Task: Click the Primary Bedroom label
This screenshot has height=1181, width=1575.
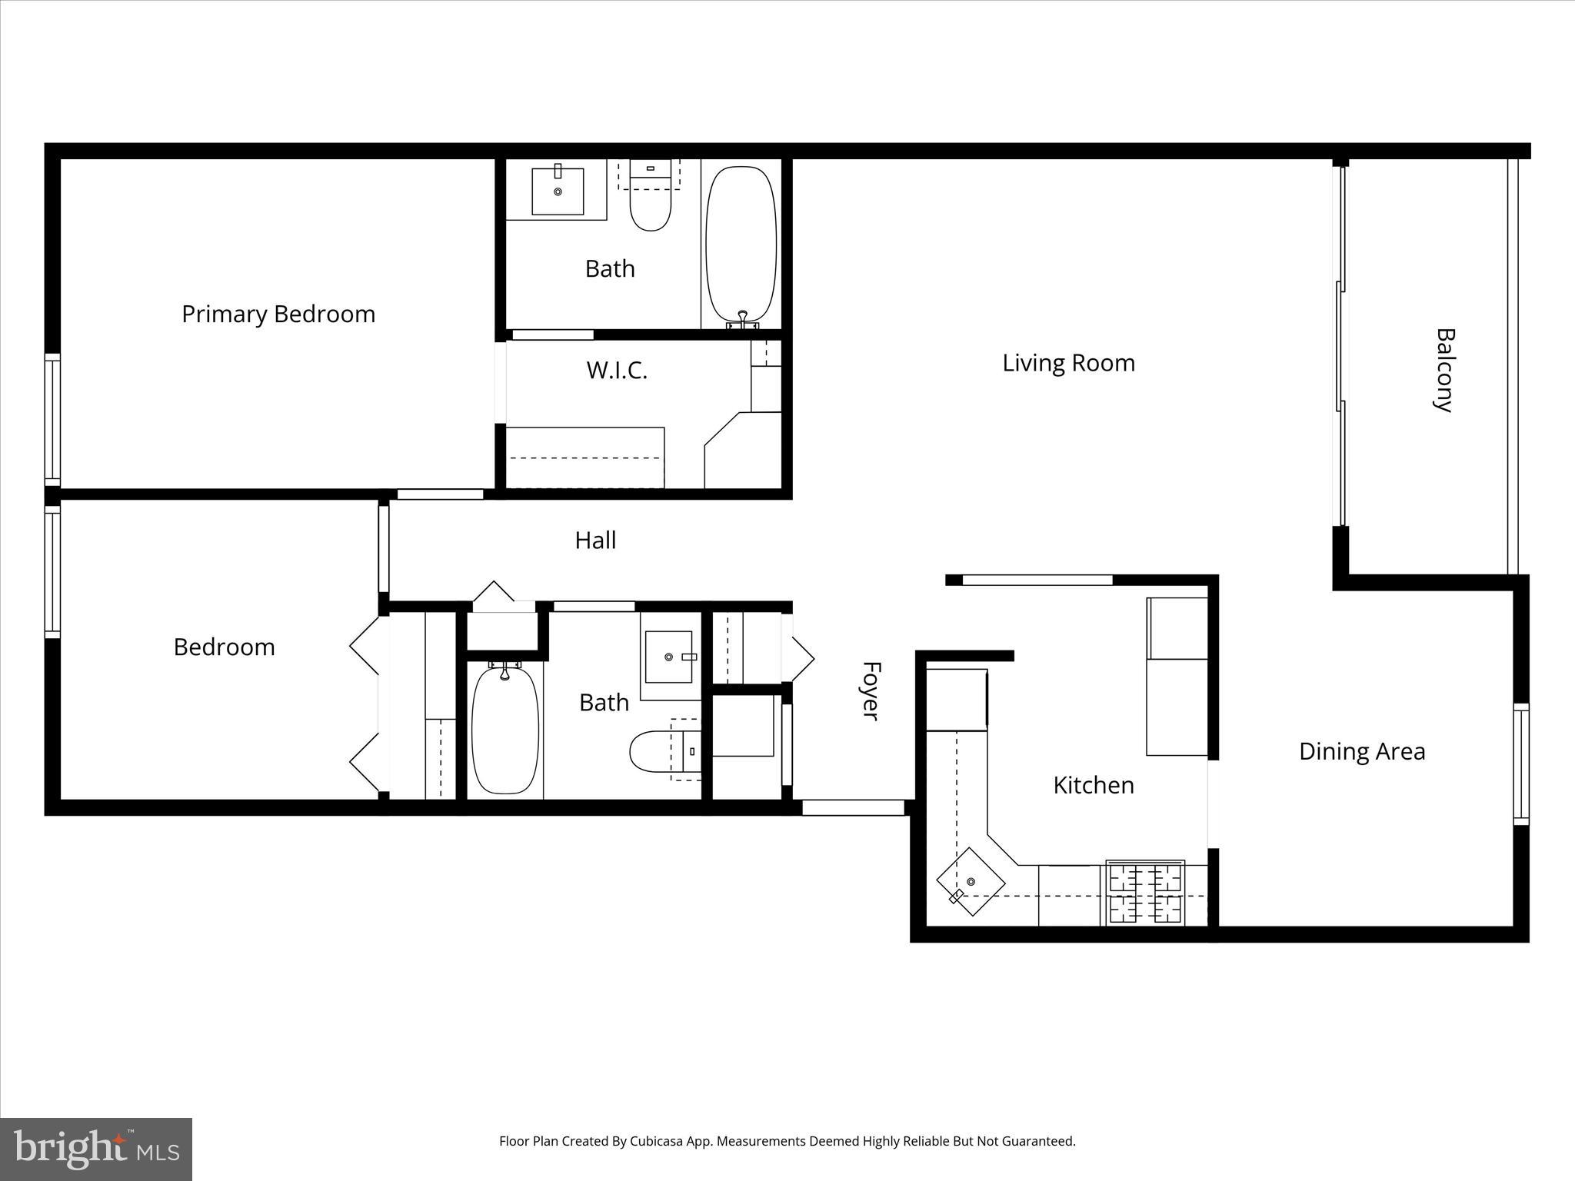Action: point(278,314)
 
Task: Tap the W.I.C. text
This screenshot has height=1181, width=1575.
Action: point(617,371)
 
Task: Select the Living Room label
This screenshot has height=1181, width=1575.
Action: point(1068,363)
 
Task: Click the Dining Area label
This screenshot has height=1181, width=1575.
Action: point(1361,751)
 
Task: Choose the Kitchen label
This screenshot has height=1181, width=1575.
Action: point(1093,785)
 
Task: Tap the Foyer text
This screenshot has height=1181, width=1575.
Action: point(869,690)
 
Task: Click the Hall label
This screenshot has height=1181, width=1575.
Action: point(595,541)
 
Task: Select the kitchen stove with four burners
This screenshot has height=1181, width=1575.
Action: point(1145,893)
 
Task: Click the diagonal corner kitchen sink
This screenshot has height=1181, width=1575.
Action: point(971,881)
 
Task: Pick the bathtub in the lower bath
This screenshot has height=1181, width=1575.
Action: point(504,730)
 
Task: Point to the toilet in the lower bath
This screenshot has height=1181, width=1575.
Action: point(655,751)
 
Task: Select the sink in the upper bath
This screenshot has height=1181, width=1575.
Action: point(558,191)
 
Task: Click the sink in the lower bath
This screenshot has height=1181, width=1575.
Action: point(668,657)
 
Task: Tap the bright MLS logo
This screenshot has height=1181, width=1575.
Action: point(96,1149)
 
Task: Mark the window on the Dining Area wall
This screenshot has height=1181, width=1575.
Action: point(1520,764)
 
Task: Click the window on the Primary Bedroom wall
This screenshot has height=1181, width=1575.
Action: point(52,419)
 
